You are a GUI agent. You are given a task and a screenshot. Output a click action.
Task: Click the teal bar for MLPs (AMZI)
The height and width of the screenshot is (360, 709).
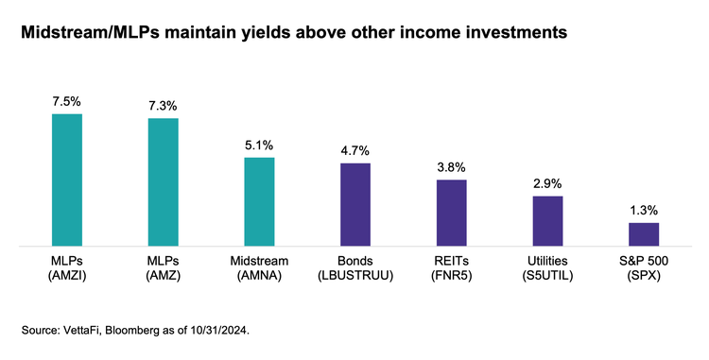[x=67, y=180]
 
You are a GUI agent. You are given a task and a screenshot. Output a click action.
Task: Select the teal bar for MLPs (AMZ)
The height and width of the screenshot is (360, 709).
[x=164, y=181]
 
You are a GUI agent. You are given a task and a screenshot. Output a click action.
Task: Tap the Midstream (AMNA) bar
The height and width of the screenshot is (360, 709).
[x=259, y=201]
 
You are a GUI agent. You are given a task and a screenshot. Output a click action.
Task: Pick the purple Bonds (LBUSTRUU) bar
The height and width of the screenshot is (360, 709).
[x=355, y=204]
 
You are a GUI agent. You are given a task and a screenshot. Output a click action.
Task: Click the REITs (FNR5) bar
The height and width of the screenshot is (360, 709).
[x=451, y=213]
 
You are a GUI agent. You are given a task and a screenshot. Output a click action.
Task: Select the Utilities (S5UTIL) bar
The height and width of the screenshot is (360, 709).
[x=547, y=221]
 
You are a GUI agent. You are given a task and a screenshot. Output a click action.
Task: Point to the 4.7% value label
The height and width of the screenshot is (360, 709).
[x=355, y=150]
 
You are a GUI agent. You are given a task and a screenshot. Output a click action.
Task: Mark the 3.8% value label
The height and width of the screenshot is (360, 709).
[x=451, y=167]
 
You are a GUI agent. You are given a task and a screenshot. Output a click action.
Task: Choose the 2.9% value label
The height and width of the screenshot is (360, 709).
[x=547, y=183]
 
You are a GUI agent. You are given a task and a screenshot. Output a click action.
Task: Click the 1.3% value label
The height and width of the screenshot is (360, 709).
[x=644, y=210]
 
